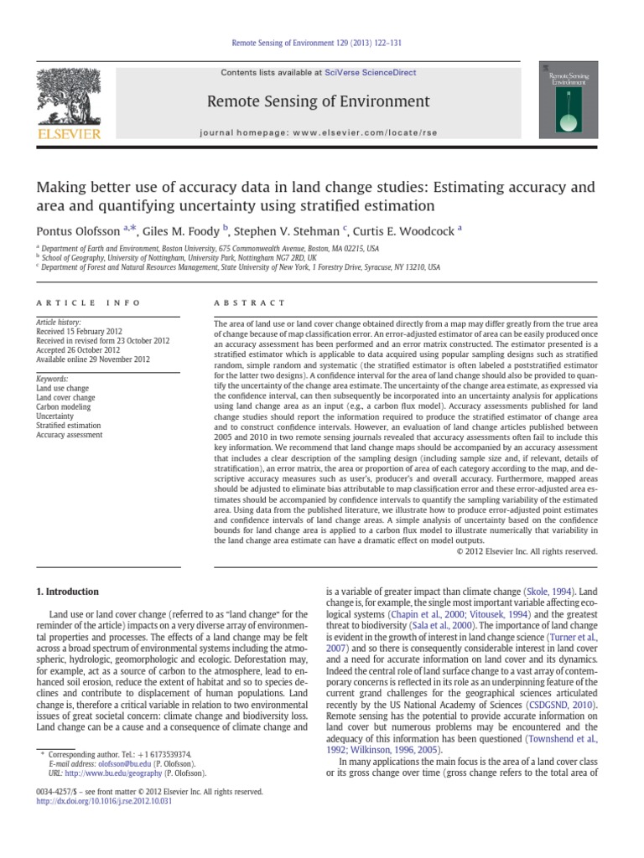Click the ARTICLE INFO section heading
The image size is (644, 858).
88,302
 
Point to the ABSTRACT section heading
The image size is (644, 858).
250,302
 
